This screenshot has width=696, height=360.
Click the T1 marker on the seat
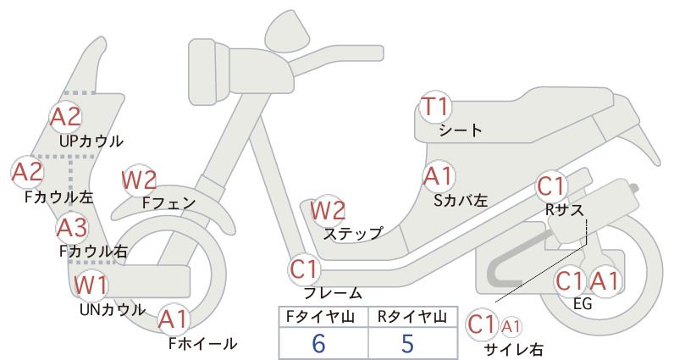pos(436,107)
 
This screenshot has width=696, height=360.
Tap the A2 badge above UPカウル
pos(66,117)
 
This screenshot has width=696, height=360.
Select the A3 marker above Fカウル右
pos(72,228)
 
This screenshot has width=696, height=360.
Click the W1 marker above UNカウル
pos(90,285)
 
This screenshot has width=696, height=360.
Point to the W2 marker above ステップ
pos(328,210)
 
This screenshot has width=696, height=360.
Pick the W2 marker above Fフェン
pos(139,180)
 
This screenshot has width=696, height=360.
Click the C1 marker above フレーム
pos(305,269)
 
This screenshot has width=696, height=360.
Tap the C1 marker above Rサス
pos(551,186)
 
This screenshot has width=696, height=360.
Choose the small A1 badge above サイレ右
pos(511,327)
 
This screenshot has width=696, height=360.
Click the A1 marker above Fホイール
pos(174,319)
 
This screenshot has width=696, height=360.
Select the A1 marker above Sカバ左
pos(438,176)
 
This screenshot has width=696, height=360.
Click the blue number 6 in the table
pos(318,343)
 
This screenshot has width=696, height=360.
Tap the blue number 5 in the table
pos(407,343)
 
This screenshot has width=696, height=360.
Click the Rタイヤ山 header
pos(412,317)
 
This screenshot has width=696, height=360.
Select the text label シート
pos(461,130)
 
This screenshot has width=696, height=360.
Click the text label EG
pos(583,303)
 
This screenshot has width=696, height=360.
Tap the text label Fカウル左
pos(59,197)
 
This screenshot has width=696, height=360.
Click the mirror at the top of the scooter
pos(287,30)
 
